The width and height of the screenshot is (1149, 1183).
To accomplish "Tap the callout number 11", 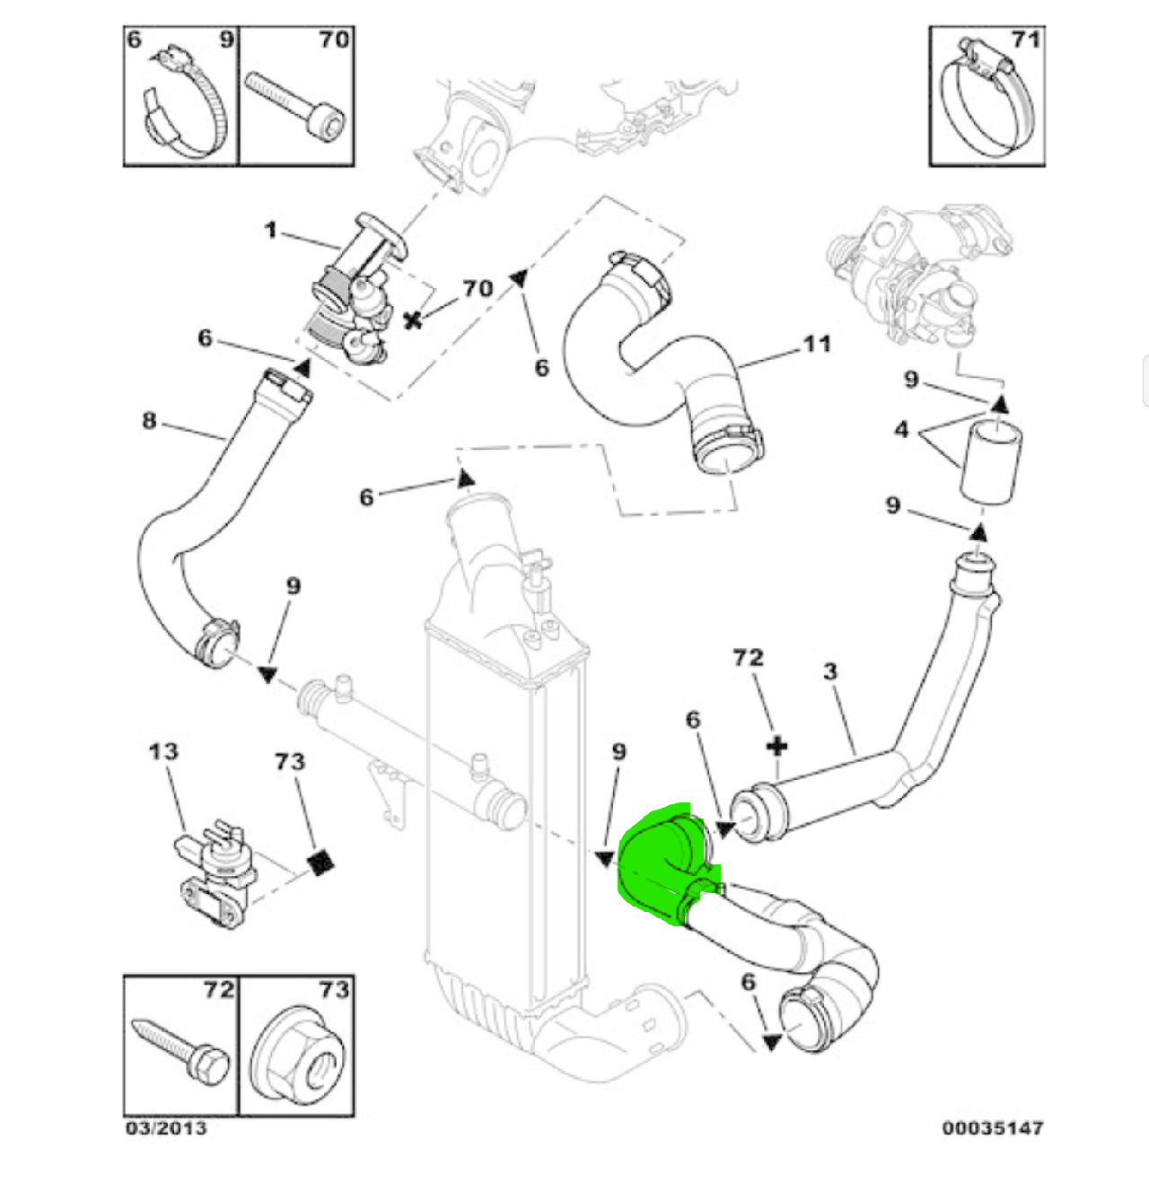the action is tap(817, 345).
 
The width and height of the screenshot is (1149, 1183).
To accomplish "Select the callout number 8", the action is tap(149, 421).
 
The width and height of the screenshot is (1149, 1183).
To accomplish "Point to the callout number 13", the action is tap(163, 752).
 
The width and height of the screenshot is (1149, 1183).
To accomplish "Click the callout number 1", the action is tap(270, 230).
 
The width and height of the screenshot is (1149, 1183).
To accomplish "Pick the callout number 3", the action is tap(830, 671).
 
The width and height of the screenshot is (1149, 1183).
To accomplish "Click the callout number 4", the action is tap(901, 430).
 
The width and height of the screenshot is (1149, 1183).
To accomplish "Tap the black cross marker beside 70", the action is tap(414, 320).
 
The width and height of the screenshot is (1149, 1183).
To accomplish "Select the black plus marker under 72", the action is tap(777, 747).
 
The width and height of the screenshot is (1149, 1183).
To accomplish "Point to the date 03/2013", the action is tap(166, 1128).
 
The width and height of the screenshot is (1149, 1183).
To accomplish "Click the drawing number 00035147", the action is tap(993, 1128).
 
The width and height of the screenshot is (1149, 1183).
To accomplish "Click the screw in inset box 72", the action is tap(180, 1047).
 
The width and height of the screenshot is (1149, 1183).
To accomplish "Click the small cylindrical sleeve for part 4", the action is tap(991, 462).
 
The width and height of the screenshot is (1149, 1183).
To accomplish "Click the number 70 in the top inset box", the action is tap(334, 39).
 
